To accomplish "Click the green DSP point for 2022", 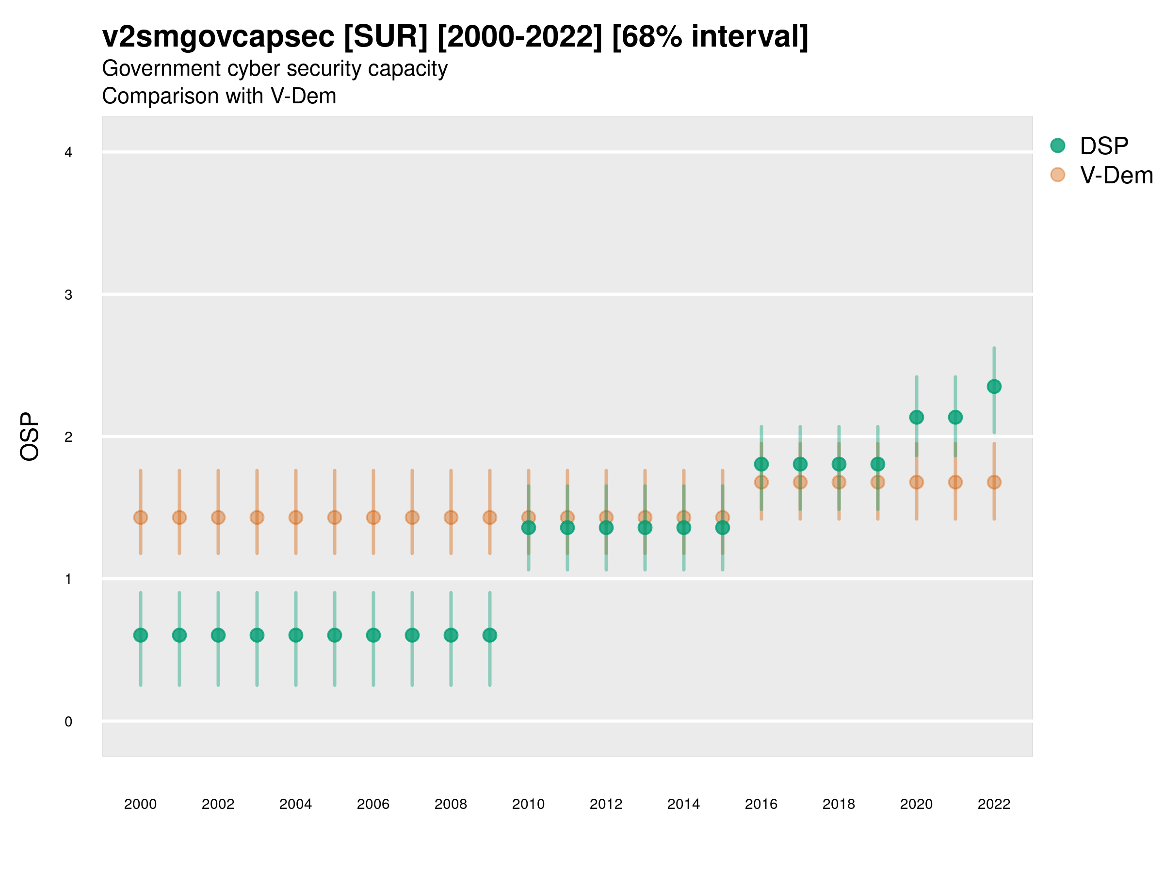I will [994, 387].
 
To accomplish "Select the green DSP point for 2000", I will [141, 635].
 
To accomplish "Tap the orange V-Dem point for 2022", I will [994, 482].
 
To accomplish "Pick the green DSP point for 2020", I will [916, 417].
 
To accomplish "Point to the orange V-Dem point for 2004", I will [296, 517].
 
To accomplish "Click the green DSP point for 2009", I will [489, 635].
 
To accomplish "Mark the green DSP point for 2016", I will [761, 464].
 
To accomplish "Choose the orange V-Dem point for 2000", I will [141, 517].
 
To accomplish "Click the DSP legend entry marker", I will [1057, 146].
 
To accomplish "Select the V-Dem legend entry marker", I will [1057, 175].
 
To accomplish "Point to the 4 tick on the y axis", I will [68, 153].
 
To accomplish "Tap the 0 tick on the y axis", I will [68, 722].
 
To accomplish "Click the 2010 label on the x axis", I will [528, 804].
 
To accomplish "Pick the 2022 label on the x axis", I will [994, 804].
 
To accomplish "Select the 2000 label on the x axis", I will [141, 804].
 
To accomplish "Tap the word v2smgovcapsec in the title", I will [218, 37].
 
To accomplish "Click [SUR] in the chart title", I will [386, 37].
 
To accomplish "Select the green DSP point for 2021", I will [955, 417].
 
